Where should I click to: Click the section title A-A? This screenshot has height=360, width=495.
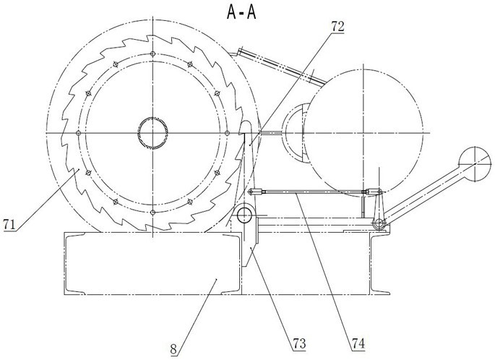click(x=241, y=12)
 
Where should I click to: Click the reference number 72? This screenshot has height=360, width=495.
click(x=337, y=27)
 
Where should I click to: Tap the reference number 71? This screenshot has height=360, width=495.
click(x=9, y=225)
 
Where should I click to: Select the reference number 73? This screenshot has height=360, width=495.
click(x=299, y=343)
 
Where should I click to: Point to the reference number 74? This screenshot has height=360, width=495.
click(x=358, y=343)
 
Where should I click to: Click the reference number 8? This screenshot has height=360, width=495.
click(x=173, y=350)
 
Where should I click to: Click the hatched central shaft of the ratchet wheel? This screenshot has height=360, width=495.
click(x=152, y=133)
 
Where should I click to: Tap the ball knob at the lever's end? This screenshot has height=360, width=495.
click(x=475, y=163)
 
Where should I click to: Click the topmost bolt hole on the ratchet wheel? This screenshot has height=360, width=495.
click(x=152, y=53)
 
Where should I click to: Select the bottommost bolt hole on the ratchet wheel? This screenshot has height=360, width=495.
click(x=152, y=213)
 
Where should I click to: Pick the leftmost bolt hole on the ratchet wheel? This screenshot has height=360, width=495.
click(x=79, y=133)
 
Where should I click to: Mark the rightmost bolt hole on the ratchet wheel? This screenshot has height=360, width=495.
click(x=227, y=133)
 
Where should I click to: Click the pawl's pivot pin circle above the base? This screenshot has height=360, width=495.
click(x=244, y=215)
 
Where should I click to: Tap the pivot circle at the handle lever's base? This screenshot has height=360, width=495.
click(x=379, y=224)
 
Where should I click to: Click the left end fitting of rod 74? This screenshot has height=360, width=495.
click(x=256, y=192)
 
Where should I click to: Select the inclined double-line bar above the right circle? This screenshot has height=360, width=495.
click(x=282, y=67)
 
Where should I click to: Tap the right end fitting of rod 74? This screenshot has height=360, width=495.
click(x=374, y=192)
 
